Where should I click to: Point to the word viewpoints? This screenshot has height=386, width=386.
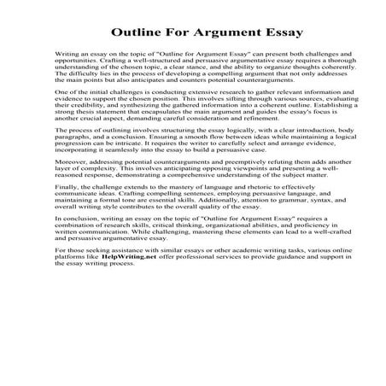tap(229, 214)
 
